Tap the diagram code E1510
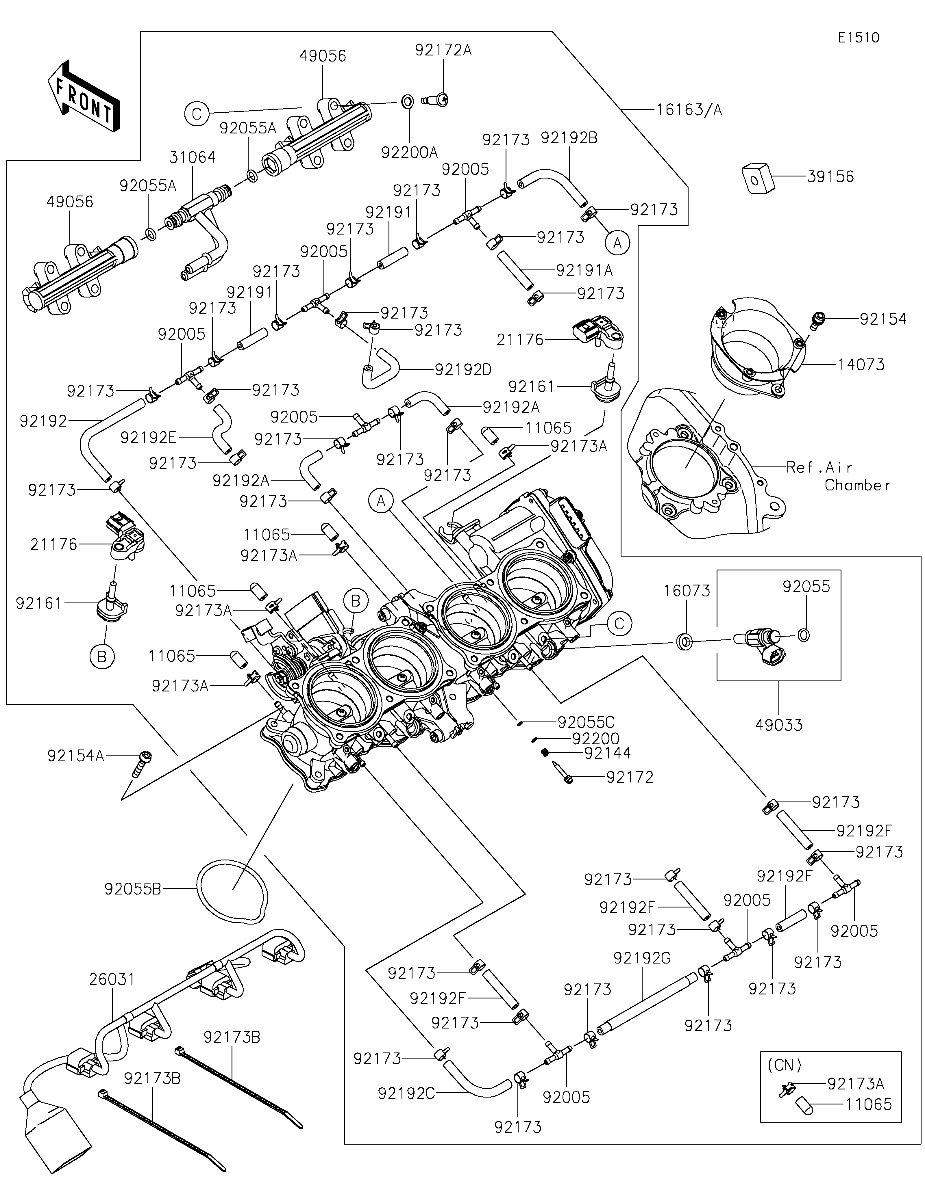859,38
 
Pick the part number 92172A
443,50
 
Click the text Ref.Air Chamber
837,476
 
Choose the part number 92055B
132,890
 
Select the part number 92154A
75,756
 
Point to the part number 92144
607,753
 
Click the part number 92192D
463,370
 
